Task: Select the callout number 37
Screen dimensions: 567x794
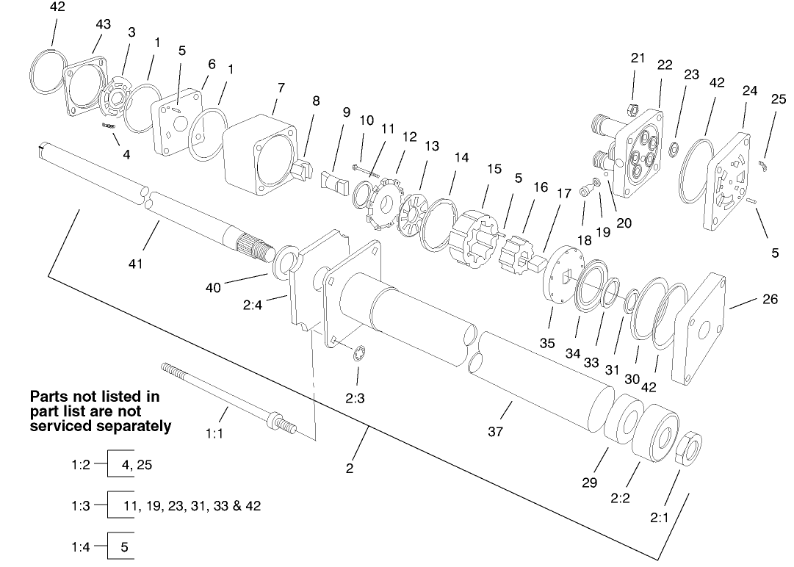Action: coord(495,432)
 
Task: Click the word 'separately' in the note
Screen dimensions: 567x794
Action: coord(131,425)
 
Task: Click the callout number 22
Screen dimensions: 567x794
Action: coord(665,65)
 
